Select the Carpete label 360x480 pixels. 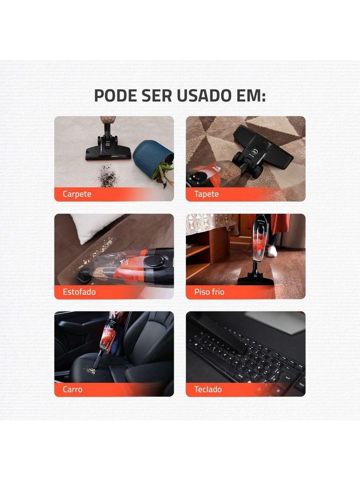click(x=77, y=194)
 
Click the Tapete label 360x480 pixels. click(x=206, y=194)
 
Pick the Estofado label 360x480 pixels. click(x=79, y=292)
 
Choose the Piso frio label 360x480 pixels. click(x=209, y=292)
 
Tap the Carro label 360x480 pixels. click(x=72, y=389)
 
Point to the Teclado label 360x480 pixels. click(x=208, y=389)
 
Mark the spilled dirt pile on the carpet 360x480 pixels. click(x=107, y=176)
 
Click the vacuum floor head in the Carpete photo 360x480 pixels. click(x=108, y=151)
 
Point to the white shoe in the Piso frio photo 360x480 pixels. click(x=272, y=251)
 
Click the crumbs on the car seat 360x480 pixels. click(x=91, y=371)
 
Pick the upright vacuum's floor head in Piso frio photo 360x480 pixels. click(x=255, y=280)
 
